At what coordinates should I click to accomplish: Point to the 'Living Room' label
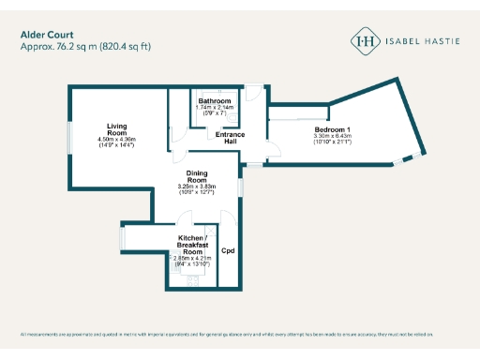(x=116, y=129)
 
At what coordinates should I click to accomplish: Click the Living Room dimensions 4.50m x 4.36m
(x=116, y=140)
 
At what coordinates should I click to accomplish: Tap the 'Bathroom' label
(x=214, y=100)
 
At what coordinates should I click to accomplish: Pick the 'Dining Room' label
(x=197, y=176)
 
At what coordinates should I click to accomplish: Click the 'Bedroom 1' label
(x=332, y=128)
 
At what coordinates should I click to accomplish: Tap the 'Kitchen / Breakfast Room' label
(x=193, y=246)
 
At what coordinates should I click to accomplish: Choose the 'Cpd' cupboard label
(x=228, y=251)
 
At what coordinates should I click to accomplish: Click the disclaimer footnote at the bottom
(x=240, y=335)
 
